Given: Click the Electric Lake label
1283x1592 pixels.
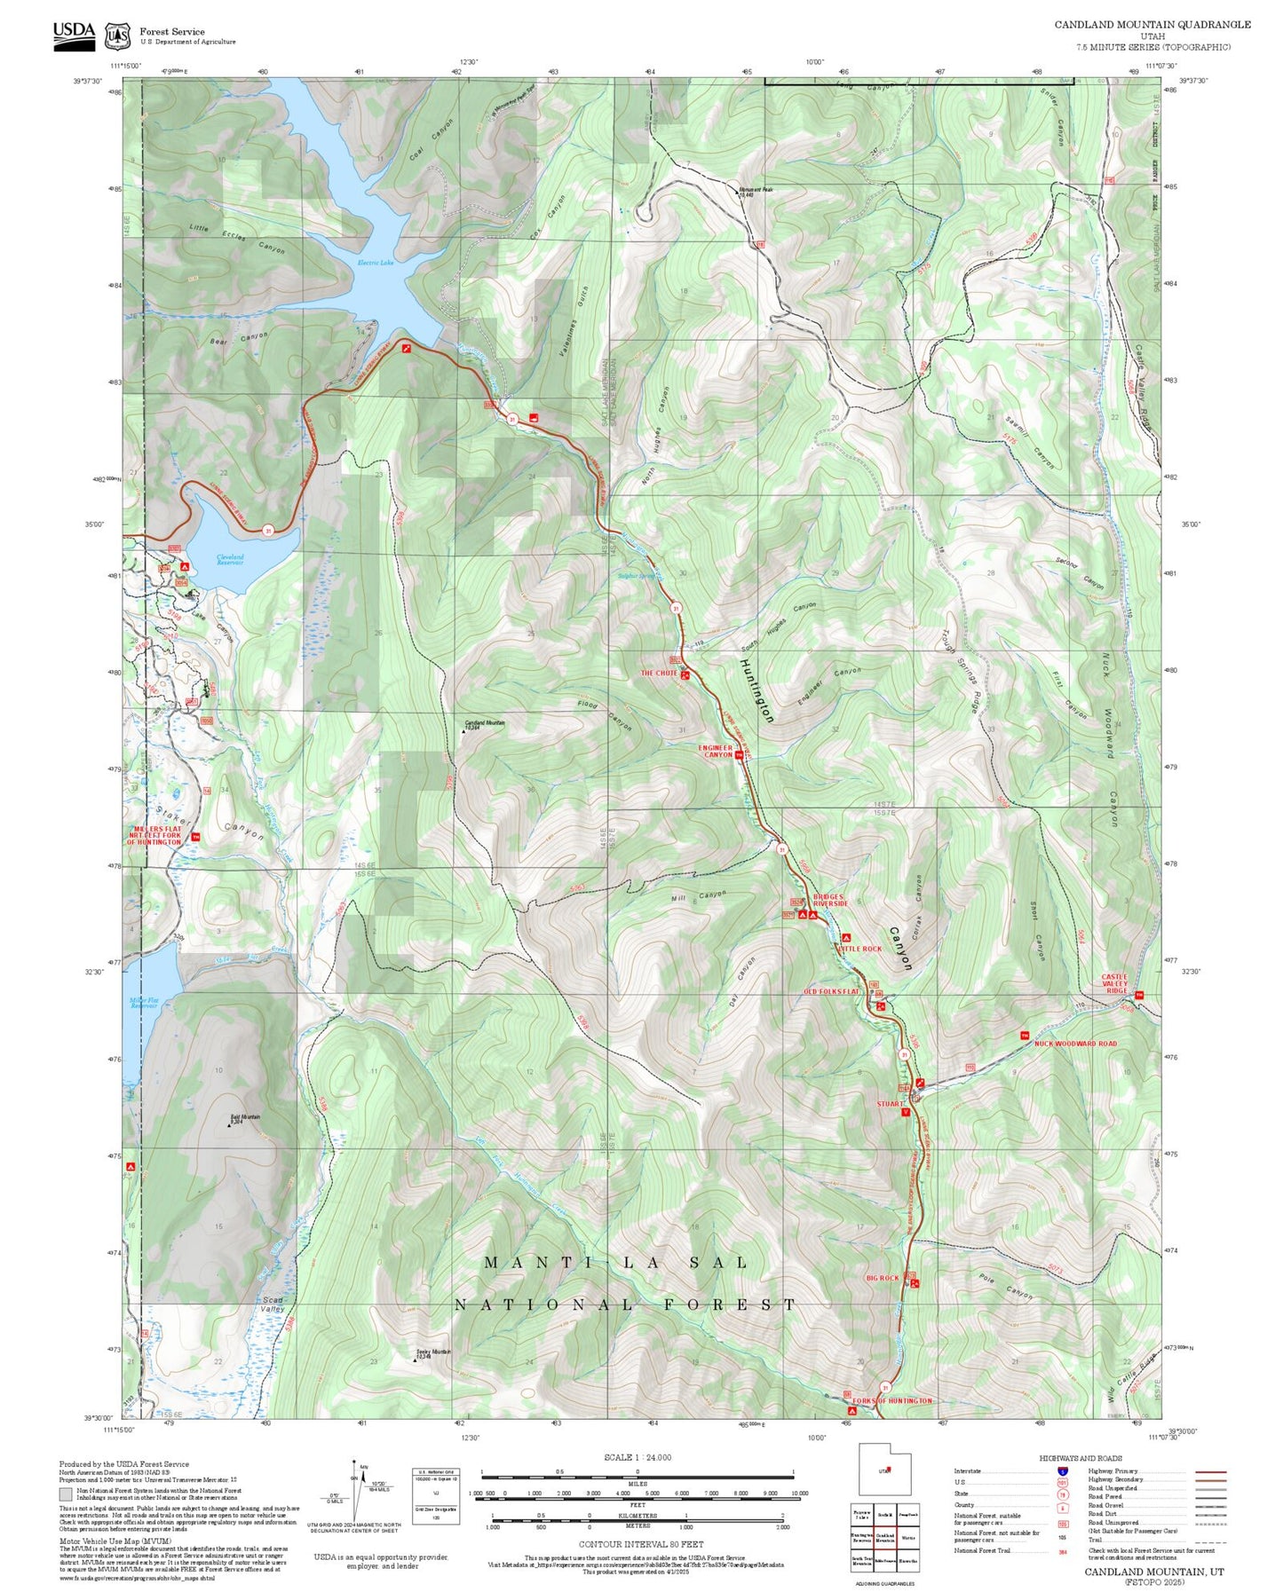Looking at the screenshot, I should (x=375, y=263).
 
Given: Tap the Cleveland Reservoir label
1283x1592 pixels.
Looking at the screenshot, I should (x=230, y=560).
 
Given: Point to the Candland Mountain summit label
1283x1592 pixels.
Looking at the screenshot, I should (x=485, y=724).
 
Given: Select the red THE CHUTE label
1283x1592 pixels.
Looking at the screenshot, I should (x=659, y=674).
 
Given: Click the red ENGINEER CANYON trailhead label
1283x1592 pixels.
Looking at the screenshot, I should (x=716, y=752).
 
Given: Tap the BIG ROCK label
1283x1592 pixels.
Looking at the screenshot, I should (x=883, y=1278).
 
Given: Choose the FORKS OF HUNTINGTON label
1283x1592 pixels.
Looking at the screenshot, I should (x=893, y=1400).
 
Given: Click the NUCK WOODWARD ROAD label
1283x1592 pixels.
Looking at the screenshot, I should (x=1075, y=1044).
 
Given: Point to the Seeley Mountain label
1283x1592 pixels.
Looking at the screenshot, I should (x=433, y=1353).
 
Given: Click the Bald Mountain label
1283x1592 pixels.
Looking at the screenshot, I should (x=245, y=1119).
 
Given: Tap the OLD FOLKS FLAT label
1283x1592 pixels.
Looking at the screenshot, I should (x=831, y=991).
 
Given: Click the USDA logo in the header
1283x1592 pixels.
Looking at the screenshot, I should (x=74, y=35).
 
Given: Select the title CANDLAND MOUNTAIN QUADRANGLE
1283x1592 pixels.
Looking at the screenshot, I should (x=1152, y=25).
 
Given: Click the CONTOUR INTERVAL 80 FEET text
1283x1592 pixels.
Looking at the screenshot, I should (x=641, y=1544).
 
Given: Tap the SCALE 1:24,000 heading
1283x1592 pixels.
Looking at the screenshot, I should (x=638, y=1457).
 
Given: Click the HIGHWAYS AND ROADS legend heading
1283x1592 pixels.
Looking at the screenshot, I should (x=1081, y=1458).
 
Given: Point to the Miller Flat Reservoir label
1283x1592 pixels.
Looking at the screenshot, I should (x=144, y=1003).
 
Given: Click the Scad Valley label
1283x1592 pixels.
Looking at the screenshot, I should (x=273, y=1304).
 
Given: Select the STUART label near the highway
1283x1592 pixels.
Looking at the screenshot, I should (x=890, y=1104).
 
